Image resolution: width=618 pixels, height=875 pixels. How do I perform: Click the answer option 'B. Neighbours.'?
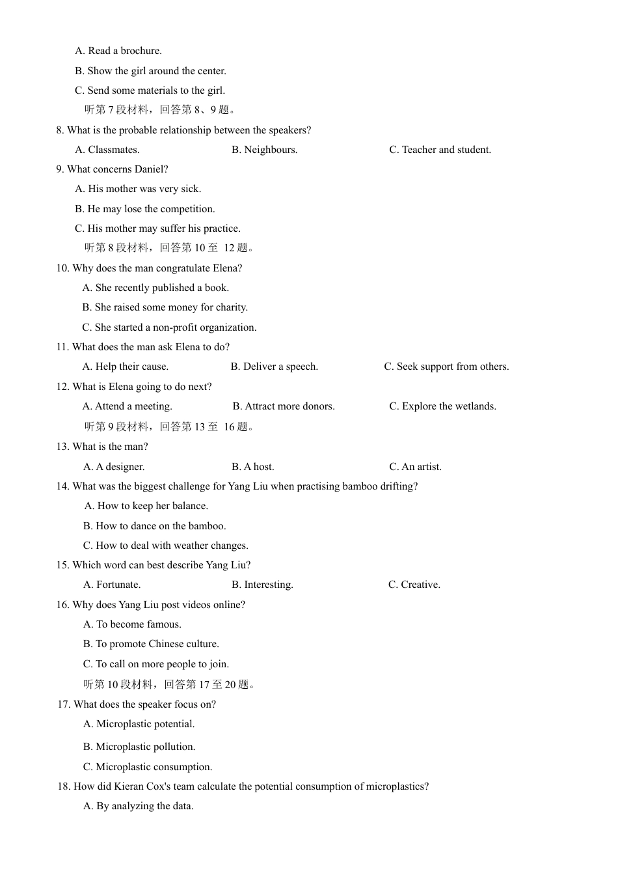pyautogui.click(x=264, y=150)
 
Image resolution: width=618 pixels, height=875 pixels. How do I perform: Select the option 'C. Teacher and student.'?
pyautogui.click(x=440, y=150)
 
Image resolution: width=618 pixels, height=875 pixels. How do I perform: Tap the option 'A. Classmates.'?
pyautogui.click(x=107, y=150)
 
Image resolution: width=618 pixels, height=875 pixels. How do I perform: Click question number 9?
pyautogui.click(x=60, y=169)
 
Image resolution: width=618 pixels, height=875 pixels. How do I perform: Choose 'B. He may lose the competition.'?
pyautogui.click(x=144, y=209)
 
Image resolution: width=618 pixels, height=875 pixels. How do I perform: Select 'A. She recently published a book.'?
pyautogui.click(x=155, y=288)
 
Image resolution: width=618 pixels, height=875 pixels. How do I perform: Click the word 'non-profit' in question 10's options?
pyautogui.click(x=178, y=327)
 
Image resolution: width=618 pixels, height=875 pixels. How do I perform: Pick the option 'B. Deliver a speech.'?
pyautogui.click(x=274, y=367)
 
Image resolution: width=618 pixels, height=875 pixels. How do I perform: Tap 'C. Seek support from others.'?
pyautogui.click(x=446, y=367)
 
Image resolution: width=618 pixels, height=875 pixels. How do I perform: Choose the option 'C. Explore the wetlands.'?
pyautogui.click(x=442, y=406)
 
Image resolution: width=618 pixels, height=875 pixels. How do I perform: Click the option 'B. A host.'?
pyautogui.click(x=252, y=467)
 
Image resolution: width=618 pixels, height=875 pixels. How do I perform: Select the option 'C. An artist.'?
pyautogui.click(x=415, y=467)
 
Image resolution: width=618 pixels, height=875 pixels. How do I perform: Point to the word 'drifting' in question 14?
pyautogui.click(x=398, y=486)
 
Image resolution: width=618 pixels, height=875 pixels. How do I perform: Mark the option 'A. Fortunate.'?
pyautogui.click(x=112, y=585)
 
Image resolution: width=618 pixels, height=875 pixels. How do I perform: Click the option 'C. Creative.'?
pyautogui.click(x=414, y=585)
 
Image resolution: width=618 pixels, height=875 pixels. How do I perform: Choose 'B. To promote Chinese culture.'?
pyautogui.click(x=151, y=644)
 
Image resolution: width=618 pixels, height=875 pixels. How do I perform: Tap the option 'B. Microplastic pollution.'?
pyautogui.click(x=139, y=747)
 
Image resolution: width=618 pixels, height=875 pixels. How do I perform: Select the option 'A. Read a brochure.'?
pyautogui.click(x=118, y=51)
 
